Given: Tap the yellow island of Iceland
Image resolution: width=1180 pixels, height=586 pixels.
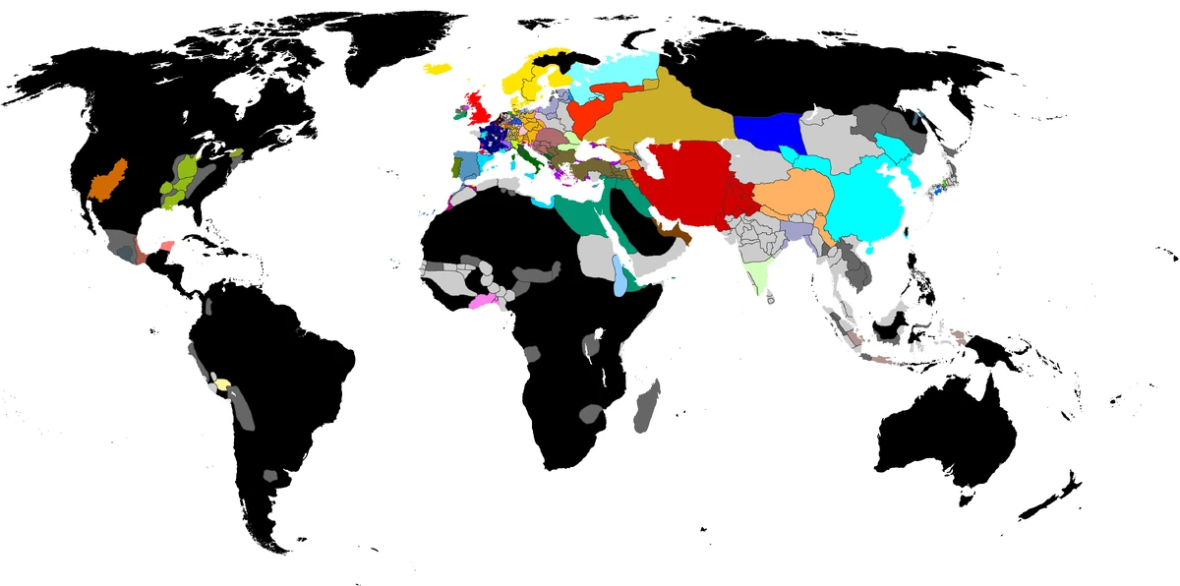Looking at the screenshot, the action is pos(439,68).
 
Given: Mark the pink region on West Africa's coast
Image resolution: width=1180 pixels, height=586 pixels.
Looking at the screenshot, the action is pos(484,301).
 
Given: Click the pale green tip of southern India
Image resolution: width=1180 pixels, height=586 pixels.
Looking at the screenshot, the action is pos(757,275).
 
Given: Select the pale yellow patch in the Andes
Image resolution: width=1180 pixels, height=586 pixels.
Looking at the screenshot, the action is pos(223,384).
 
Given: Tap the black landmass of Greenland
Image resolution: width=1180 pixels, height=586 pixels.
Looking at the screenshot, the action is pos(393,49).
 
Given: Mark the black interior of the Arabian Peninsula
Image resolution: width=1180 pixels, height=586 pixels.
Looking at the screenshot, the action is pos(624,211).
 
